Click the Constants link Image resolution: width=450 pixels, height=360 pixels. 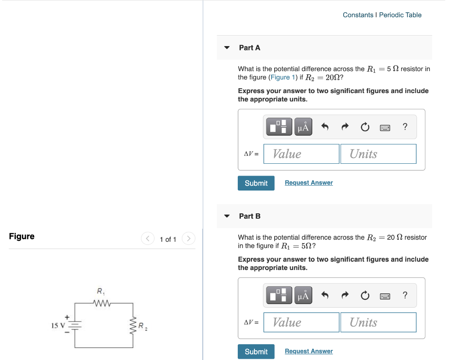point(358,15)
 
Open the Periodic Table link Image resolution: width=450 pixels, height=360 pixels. point(400,15)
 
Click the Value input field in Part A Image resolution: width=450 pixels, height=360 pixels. point(301,154)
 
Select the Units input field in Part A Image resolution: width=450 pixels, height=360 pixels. point(378,154)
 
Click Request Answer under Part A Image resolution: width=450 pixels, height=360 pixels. point(308,183)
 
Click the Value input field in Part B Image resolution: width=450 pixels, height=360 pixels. point(301,323)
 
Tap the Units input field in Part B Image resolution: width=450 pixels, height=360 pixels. point(378,323)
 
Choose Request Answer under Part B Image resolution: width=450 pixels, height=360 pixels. point(308,351)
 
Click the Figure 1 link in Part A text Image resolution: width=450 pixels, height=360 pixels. point(280,77)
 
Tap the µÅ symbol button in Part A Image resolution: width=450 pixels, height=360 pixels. point(303,127)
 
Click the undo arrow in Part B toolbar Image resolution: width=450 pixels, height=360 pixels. point(325,296)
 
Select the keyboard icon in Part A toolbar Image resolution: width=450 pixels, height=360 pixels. point(385,128)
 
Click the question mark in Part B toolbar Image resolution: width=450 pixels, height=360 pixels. point(405,295)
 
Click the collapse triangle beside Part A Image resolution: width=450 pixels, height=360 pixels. point(227,47)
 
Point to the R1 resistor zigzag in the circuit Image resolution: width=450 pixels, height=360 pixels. point(101,302)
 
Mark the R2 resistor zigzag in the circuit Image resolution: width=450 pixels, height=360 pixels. point(133,325)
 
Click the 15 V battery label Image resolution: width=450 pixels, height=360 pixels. point(58,325)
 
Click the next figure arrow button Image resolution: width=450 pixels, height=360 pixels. point(188,239)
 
